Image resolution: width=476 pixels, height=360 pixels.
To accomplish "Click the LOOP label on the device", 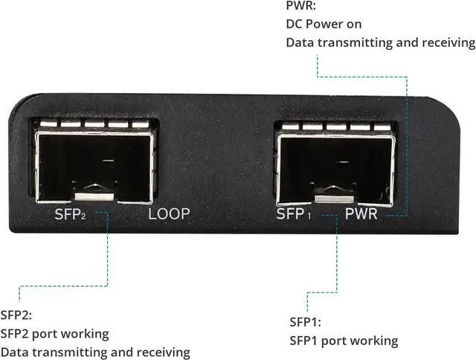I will (169, 214).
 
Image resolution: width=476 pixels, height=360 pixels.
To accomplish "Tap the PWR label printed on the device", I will (362, 214).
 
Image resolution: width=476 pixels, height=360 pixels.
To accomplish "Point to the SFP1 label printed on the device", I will (293, 214).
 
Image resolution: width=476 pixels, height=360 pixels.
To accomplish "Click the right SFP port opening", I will (334, 164).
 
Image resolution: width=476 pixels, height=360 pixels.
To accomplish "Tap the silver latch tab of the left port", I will (94, 196).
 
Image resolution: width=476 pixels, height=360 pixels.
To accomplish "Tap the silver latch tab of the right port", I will (334, 199).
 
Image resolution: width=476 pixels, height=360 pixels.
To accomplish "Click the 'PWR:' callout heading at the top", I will (300, 7).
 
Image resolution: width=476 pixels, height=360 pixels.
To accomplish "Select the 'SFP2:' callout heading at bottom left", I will (17, 315).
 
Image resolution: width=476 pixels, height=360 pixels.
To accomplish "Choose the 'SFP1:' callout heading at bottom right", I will (305, 322).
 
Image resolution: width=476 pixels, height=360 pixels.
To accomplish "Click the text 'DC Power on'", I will (324, 24).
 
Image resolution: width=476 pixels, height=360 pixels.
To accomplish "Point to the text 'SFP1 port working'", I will (344, 341).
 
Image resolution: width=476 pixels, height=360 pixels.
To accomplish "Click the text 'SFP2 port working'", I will (55, 333).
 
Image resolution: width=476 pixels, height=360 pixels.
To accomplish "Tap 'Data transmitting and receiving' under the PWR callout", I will (380, 42).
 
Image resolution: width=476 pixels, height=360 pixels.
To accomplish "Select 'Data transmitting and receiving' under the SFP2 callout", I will (95, 352).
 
